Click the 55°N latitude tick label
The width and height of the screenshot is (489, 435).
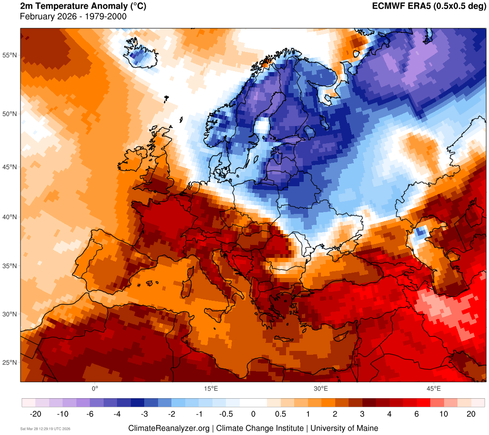click(x=10, y=55)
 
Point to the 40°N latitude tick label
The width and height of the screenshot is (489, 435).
click(x=10, y=217)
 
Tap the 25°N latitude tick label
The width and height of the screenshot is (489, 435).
click(x=10, y=362)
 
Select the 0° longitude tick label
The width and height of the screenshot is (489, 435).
click(x=95, y=388)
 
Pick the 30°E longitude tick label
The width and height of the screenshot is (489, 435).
click(x=320, y=388)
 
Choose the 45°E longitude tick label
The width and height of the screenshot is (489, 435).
click(x=433, y=388)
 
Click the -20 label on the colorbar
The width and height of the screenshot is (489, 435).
click(x=35, y=414)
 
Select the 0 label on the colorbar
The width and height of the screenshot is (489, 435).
click(x=253, y=414)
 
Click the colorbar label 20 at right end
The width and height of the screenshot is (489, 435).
click(x=471, y=414)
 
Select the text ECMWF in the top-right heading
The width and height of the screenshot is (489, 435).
click(x=388, y=7)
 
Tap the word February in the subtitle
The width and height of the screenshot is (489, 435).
click(x=37, y=17)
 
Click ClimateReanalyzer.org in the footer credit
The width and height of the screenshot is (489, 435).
click(x=169, y=428)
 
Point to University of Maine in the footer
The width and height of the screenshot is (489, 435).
click(x=344, y=428)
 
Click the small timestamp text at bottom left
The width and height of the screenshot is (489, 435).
click(x=45, y=429)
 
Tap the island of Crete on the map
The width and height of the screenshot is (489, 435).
click(x=287, y=340)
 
